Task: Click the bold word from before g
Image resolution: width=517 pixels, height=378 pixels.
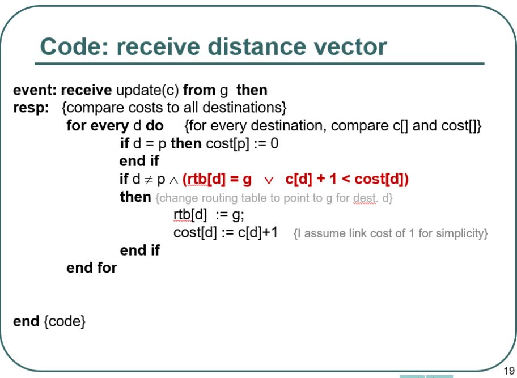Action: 199,90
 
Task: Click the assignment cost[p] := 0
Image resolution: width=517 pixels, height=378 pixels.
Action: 242,144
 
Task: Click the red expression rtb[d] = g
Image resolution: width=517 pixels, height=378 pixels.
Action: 217,180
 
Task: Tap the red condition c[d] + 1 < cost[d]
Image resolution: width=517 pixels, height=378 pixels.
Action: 346,180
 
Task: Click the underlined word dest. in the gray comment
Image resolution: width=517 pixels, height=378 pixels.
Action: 365,198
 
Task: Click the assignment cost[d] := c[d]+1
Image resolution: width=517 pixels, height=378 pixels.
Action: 226,233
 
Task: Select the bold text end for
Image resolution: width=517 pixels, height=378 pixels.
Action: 91,268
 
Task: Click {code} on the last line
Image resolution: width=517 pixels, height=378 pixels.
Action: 65,322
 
